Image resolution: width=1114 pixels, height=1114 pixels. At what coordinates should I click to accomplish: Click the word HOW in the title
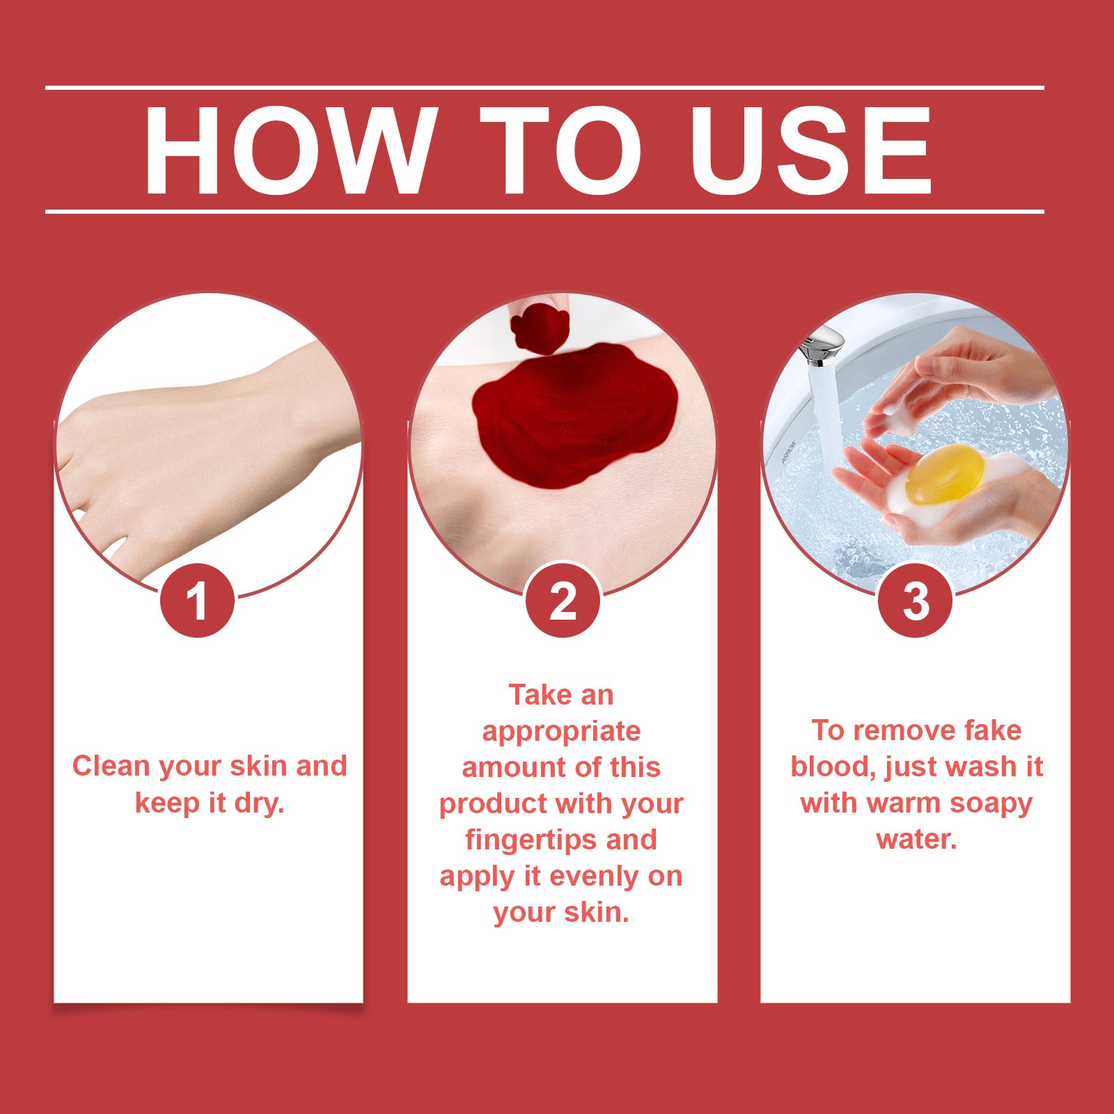[x=286, y=151]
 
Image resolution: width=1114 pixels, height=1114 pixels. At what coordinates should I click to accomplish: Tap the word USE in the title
[x=810, y=151]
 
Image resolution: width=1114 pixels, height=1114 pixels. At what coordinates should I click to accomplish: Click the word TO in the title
[x=560, y=151]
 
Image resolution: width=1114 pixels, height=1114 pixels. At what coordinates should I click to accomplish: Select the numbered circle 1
[x=197, y=600]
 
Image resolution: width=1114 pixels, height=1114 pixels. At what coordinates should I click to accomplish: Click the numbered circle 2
[x=563, y=600]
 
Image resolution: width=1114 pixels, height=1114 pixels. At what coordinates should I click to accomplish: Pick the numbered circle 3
[x=916, y=600]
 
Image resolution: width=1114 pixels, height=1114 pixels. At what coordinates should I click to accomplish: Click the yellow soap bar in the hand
[x=945, y=475]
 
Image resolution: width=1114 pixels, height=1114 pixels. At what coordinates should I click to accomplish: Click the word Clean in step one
[x=111, y=766]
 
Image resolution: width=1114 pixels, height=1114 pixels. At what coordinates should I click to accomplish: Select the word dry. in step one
[x=259, y=803]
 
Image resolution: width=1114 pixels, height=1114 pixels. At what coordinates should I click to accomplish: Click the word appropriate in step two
[x=561, y=731]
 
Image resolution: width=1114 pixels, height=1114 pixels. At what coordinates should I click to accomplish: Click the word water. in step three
[x=916, y=839]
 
